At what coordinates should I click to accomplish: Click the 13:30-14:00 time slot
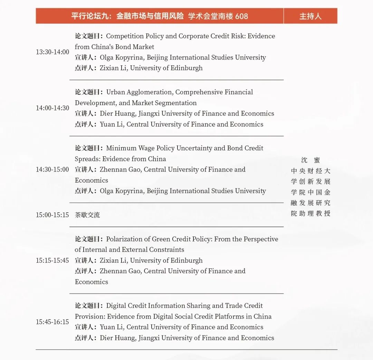(x=52, y=52)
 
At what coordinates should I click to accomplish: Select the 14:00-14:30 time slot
(x=52, y=108)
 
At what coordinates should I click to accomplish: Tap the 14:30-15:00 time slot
(x=52, y=169)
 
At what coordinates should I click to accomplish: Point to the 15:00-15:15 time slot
(x=52, y=215)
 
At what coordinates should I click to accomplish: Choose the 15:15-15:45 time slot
(x=52, y=260)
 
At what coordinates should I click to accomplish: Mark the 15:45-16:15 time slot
(x=52, y=322)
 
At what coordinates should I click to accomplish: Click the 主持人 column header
(x=310, y=16)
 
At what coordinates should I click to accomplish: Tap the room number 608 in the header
(x=241, y=16)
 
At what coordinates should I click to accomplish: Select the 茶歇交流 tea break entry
(x=87, y=215)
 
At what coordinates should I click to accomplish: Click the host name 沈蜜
(x=310, y=160)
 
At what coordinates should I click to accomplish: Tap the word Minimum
(x=120, y=148)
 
